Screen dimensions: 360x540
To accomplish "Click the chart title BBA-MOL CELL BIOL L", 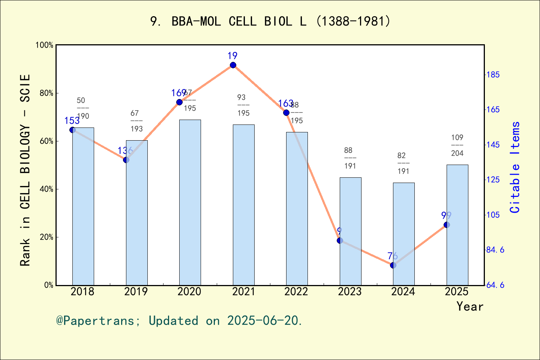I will click(270, 21).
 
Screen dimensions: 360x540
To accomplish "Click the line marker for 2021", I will click(233, 65).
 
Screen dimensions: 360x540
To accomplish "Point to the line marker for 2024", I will click(393, 265).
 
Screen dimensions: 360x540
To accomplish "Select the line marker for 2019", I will click(126, 160).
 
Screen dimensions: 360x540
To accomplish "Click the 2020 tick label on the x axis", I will click(189, 292).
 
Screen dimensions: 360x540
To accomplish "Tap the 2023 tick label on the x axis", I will click(349, 292).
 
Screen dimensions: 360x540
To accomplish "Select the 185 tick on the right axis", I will click(493, 75).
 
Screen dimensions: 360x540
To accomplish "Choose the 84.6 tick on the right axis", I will click(495, 250).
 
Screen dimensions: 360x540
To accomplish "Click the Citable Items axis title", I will click(515, 167).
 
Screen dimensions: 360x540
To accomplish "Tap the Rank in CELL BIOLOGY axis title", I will click(25, 170).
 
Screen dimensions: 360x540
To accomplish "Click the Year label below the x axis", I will click(469, 306).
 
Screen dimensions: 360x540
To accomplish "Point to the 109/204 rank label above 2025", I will click(457, 145).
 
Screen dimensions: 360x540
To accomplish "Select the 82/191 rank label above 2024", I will click(403, 163).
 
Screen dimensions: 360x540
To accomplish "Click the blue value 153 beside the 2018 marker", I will click(72, 121).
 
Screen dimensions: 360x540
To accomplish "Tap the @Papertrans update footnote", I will click(179, 321).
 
